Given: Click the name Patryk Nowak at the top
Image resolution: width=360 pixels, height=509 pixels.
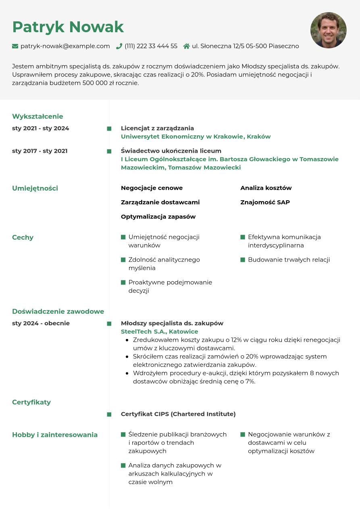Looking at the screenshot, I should coord(68,27).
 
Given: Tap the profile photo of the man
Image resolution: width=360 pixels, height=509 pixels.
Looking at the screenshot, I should coord(328,30).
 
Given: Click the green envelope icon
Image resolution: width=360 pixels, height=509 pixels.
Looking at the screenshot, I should coord(15,46).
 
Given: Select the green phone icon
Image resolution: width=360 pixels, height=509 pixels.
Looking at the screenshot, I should coord(119,46).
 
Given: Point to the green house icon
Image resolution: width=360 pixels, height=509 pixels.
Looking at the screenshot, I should coord(186,46).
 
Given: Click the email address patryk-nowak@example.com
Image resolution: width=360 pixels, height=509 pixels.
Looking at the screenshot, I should coord(65,46).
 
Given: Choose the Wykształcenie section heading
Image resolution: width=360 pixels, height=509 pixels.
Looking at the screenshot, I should coord(37,116).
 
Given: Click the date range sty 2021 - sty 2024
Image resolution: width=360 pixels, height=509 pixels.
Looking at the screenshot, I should coord(40,129).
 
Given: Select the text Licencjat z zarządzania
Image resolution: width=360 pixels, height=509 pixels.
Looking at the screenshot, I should coord(157,128).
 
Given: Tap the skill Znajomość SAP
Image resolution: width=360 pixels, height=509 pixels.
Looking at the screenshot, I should coord(265,202).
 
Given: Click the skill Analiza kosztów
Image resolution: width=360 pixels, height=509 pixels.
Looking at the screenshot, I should coord(266,188).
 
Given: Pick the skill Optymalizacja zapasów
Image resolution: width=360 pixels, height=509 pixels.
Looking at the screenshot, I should coord(158,217).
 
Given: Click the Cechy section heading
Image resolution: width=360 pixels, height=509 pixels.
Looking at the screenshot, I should coord(23,237).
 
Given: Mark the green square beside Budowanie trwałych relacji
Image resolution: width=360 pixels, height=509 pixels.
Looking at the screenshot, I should coord(243,260).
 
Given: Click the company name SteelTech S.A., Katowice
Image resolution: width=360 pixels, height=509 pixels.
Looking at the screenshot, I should coord(159,332).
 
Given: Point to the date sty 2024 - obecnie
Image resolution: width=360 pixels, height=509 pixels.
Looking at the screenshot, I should coord(41,323).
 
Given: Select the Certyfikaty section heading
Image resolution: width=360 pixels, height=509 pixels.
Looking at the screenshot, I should coord(31,402).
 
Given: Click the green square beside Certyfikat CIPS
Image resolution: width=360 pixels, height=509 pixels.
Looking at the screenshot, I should coord(109,414).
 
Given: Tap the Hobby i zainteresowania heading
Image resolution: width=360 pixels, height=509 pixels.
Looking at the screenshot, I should coord(55,435).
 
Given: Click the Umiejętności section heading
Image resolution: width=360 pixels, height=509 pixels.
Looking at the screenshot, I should coord(35,188).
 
